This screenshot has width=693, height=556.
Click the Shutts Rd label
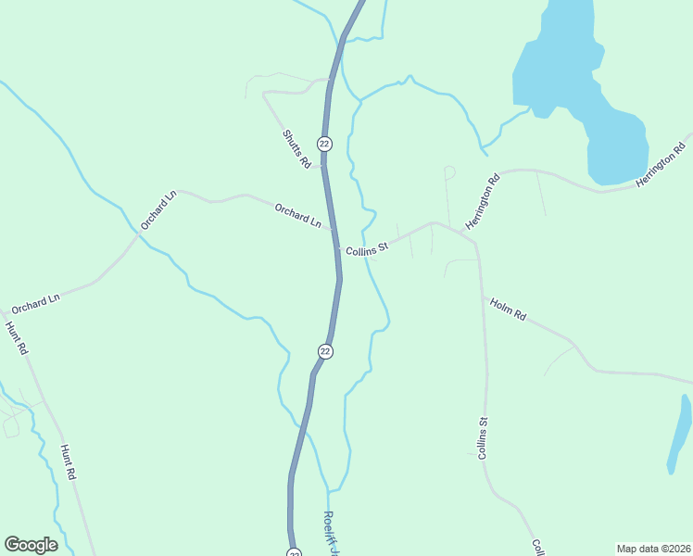pos(296,149)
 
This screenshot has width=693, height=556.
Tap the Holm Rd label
pos(508,309)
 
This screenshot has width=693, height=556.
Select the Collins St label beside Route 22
pos(367,249)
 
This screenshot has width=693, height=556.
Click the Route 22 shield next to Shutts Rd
pos(324,144)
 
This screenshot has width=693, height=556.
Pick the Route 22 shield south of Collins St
pos(325,351)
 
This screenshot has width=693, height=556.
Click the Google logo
pos(31,545)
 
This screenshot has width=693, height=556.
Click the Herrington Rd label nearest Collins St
pos(483,201)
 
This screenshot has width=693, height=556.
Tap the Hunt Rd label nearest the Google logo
pos(68,461)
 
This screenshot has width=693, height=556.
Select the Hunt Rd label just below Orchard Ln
pos(17,338)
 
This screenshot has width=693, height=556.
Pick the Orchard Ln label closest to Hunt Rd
pos(35,303)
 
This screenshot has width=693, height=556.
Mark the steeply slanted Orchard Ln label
pos(157,210)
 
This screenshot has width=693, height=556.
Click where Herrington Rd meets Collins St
pos(434,222)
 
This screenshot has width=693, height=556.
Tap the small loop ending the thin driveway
pos(449,171)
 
